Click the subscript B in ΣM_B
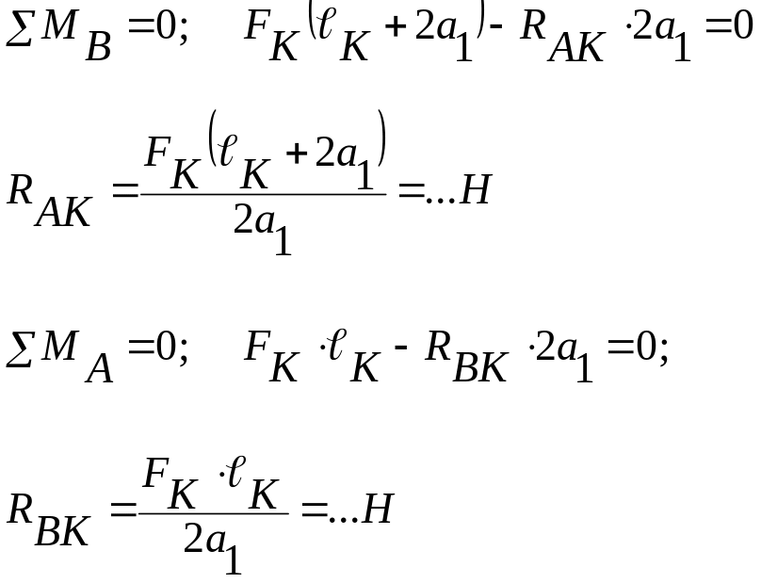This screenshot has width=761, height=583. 99,46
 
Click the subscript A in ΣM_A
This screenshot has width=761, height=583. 100,368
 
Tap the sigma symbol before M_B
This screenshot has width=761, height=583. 19,29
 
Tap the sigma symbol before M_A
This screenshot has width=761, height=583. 19,348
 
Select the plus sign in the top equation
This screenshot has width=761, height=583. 395,26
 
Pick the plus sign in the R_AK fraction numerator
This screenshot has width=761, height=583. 297,154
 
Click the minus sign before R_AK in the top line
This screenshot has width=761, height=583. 496,27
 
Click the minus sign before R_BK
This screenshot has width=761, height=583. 401,348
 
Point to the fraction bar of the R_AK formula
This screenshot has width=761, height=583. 263,194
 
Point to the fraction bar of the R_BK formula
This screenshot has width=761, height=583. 214,513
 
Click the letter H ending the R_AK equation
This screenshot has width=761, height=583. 476,189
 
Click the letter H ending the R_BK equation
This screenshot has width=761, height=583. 377,509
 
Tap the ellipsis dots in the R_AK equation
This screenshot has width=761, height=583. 441,200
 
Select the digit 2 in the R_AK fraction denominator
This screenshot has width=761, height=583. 243,219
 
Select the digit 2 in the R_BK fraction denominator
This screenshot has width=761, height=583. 193,538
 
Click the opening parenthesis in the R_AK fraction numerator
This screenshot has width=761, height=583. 213,138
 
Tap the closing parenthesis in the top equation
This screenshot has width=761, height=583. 480,19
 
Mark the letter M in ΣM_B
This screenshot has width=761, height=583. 59,24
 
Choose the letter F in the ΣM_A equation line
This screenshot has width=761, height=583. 257,346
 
